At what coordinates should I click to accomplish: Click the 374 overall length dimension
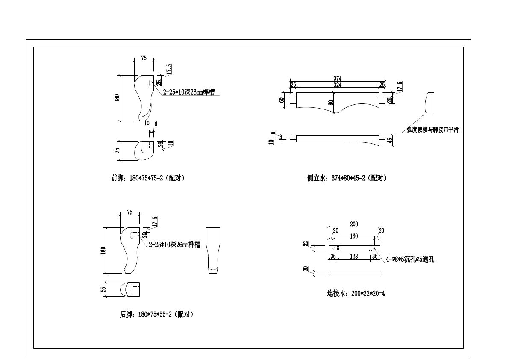(x=337, y=79)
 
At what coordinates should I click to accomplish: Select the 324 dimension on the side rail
(x=337, y=85)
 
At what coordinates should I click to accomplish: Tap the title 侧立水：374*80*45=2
(x=347, y=178)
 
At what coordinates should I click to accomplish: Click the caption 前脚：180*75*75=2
(x=148, y=178)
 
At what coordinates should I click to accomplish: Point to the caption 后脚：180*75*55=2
(x=157, y=315)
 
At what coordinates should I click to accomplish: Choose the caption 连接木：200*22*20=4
(x=356, y=294)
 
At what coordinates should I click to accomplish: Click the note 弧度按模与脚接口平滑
(x=433, y=130)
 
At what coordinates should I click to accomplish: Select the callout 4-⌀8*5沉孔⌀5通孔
(x=410, y=259)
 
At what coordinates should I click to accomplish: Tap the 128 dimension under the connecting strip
(x=354, y=257)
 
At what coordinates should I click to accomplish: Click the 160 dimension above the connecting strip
(x=354, y=236)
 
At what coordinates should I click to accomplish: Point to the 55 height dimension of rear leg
(x=103, y=289)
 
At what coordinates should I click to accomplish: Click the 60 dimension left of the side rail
(x=282, y=100)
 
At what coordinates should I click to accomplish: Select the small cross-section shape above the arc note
(x=430, y=103)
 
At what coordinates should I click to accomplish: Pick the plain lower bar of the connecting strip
(x=354, y=273)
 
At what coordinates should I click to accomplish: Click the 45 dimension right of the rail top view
(x=389, y=139)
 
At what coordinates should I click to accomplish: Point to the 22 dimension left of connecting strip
(x=306, y=244)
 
